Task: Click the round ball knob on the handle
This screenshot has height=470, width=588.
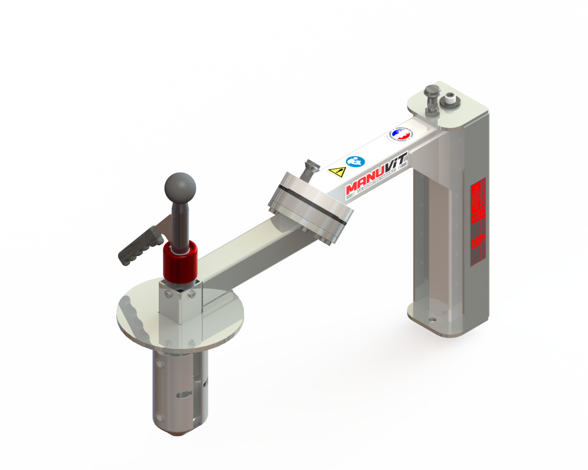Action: [180, 187]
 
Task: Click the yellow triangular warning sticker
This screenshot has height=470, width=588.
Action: [337, 172]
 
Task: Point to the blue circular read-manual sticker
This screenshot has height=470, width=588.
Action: [355, 162]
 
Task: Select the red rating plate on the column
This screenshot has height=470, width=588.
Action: [478, 220]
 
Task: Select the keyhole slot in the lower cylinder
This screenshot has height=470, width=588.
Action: [183, 394]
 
